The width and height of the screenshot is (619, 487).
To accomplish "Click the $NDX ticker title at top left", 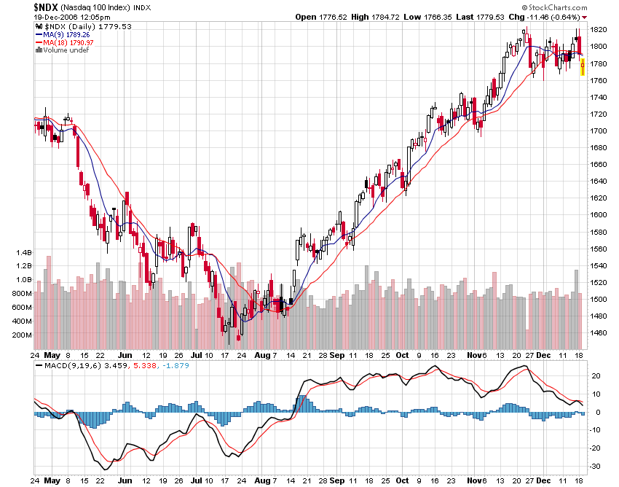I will coord(49,7).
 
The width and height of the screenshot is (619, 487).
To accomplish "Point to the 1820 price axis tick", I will coord(599,30).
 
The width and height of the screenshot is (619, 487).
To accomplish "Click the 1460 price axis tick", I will coord(599,332).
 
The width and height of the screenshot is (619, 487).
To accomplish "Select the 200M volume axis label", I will coord(22,335).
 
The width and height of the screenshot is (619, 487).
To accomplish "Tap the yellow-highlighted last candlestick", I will coord(583,67).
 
